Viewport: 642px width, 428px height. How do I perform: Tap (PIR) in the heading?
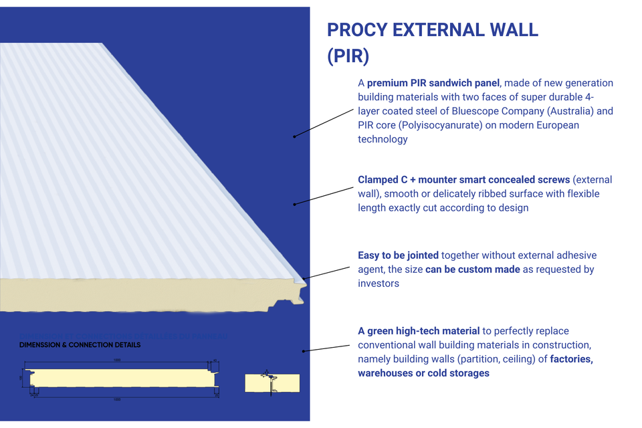coord(348,57)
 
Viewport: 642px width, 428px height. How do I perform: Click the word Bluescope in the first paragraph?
coord(475,111)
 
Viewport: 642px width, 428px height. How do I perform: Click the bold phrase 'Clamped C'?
coord(385,180)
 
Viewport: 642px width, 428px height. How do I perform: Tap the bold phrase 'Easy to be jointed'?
coord(398,255)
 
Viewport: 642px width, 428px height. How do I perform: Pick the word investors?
coord(379,284)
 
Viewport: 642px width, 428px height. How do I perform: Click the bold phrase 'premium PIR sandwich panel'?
coord(433,83)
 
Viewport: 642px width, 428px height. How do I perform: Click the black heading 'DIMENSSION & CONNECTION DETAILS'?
coord(80,345)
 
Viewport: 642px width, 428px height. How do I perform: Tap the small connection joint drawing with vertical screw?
coord(272,383)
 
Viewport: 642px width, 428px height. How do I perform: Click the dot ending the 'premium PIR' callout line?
coord(294,136)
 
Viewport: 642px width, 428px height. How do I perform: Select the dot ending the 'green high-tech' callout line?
coord(304,350)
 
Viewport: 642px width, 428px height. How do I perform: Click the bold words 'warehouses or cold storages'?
coord(423,373)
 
